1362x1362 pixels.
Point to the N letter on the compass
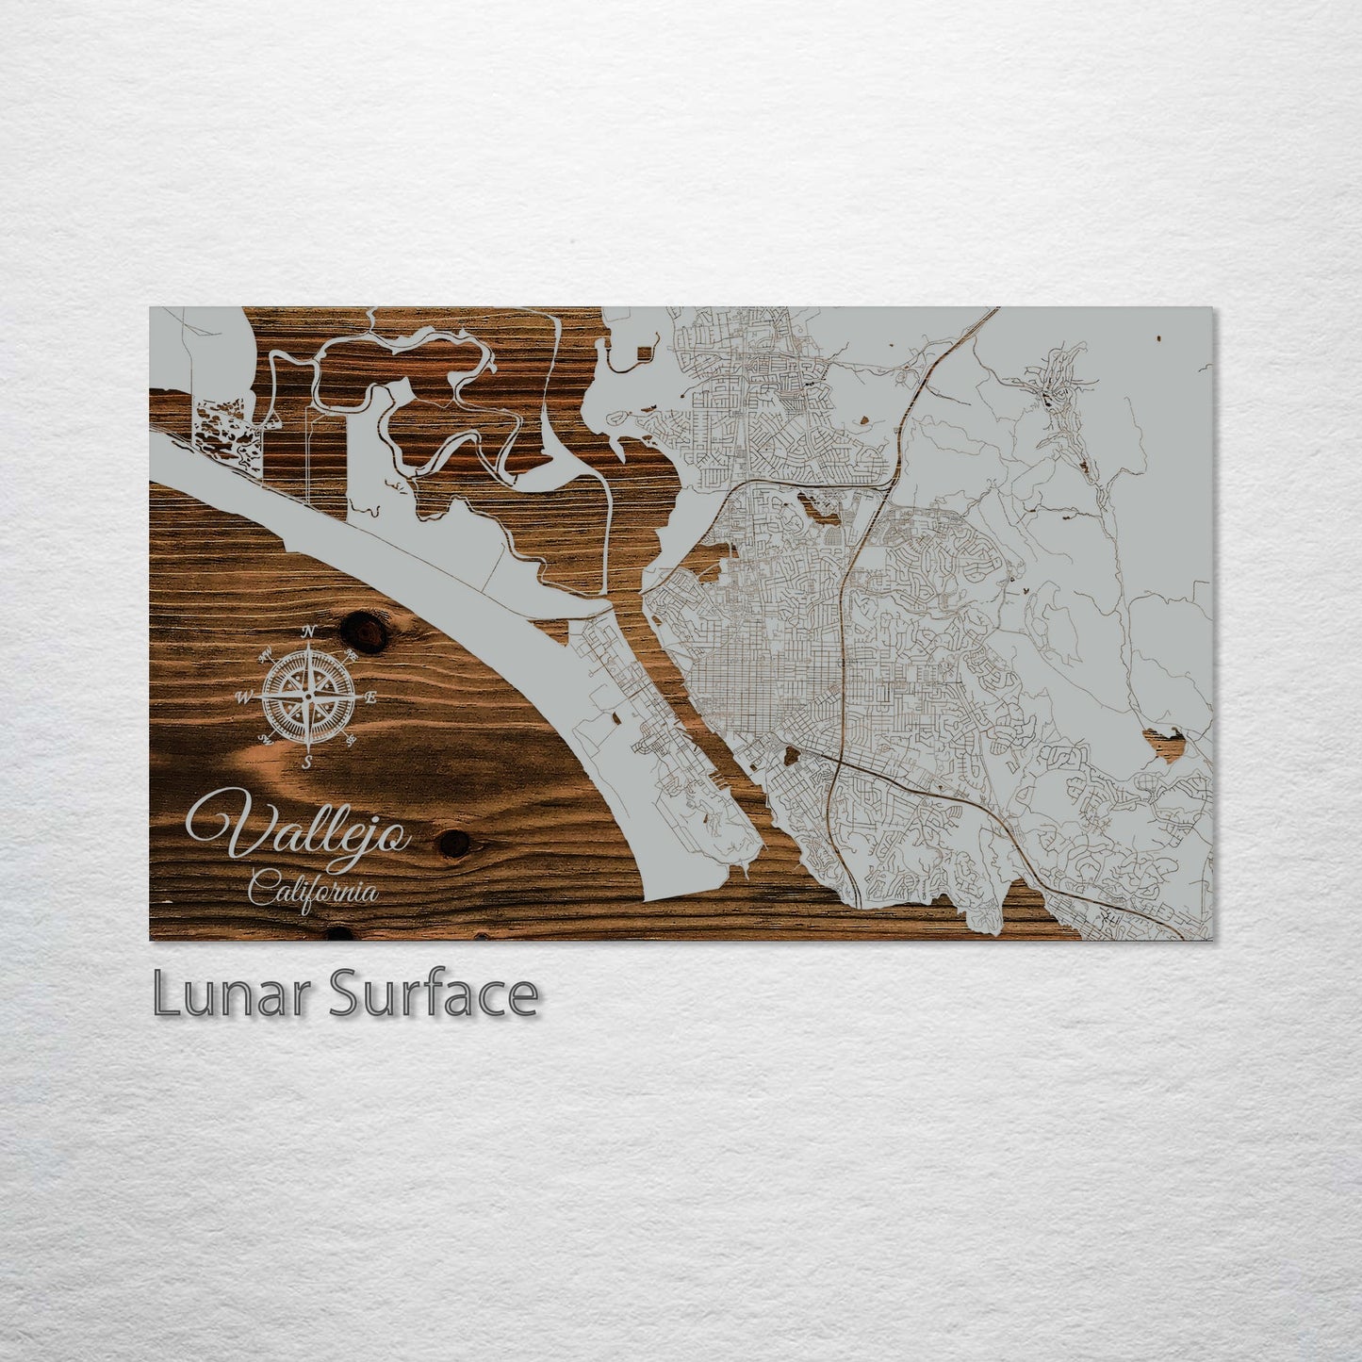(308, 632)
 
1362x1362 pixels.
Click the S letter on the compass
(308, 762)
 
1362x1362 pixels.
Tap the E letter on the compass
(371, 697)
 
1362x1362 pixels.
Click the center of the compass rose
(307, 697)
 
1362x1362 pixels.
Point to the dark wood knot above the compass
(364, 631)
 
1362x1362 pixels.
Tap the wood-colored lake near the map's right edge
(1162, 741)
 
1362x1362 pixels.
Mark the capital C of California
(261, 888)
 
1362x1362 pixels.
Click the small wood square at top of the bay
(644, 354)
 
